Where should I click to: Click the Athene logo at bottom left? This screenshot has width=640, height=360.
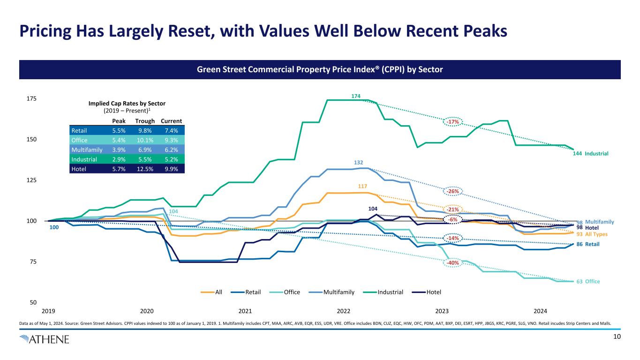[x=45, y=339]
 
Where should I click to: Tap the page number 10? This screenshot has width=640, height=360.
[x=617, y=337]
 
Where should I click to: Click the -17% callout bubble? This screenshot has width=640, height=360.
[x=453, y=122]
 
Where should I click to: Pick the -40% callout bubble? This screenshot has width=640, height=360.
[x=453, y=263]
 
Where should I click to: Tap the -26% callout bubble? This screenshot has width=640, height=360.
[x=453, y=191]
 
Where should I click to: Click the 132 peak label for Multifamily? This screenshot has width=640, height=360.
[x=359, y=162]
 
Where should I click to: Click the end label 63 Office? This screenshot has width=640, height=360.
[x=588, y=282]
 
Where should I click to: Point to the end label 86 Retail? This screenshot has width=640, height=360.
[x=588, y=244]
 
